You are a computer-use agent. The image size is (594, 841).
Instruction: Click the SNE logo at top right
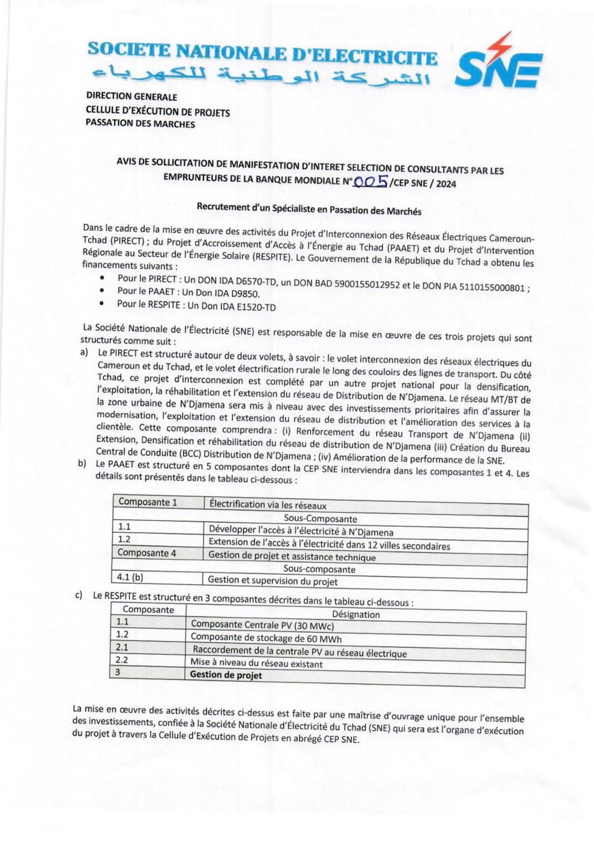498,64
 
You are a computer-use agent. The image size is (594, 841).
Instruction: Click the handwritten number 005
372,182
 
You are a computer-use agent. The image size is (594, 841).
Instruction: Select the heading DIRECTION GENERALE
131,98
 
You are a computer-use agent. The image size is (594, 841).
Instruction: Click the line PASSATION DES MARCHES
140,124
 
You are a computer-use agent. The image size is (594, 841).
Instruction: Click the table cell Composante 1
147,502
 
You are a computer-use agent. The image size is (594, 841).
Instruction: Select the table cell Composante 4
147,553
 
